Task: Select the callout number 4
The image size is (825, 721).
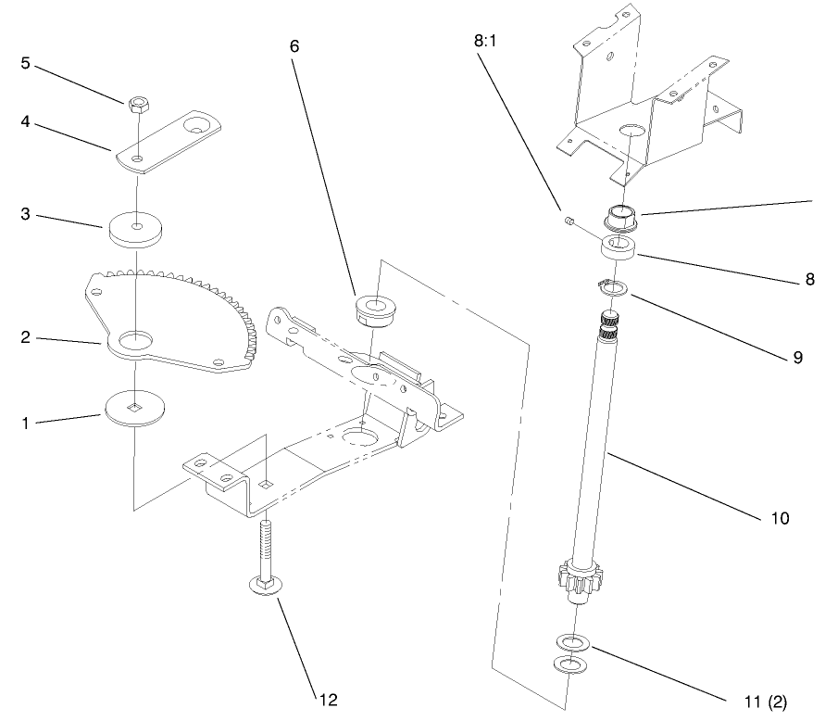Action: point(26,121)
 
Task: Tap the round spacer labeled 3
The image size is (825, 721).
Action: point(136,229)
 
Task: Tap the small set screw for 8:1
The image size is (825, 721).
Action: point(571,221)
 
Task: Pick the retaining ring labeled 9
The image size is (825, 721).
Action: point(613,289)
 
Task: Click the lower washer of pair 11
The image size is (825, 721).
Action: point(570,664)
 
